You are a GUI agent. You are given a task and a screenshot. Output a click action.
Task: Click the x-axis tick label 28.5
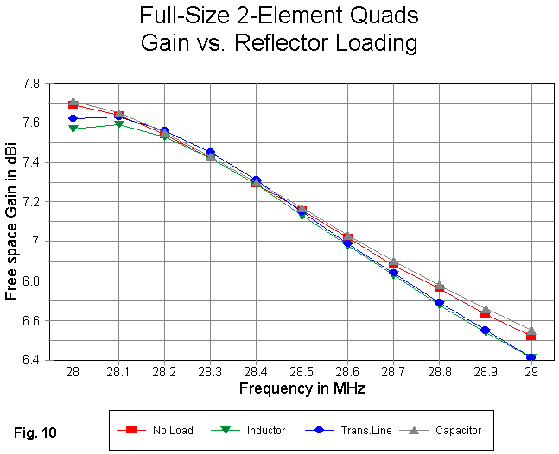[x=302, y=370]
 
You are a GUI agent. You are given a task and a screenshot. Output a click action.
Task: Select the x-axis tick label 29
[x=530, y=370]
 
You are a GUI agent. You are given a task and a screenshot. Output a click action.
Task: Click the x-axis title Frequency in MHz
[x=302, y=388]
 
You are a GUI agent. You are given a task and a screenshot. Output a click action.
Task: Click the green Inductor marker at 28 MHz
[x=73, y=129]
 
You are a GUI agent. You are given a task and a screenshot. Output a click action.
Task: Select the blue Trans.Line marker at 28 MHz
[x=73, y=118]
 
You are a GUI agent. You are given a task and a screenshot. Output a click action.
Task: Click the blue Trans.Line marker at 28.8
[x=439, y=303]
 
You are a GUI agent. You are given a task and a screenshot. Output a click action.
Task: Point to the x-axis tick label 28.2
[x=164, y=370]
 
